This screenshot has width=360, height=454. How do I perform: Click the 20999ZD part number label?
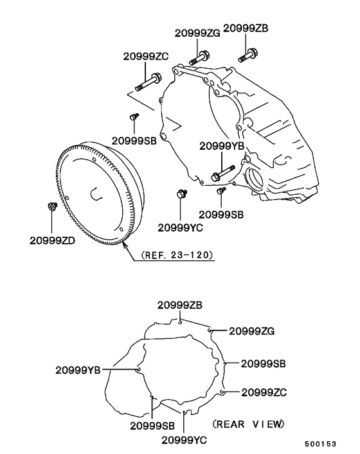[x=53, y=241]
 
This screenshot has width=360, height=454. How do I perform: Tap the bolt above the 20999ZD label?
[x=52, y=207]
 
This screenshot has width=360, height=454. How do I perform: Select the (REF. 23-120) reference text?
[x=173, y=255]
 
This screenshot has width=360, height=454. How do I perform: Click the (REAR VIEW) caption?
[x=248, y=424]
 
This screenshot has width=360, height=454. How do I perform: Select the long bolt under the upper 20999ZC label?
[x=148, y=83]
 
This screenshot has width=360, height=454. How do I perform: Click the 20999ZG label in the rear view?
[x=252, y=331]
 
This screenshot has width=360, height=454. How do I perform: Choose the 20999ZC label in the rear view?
[x=264, y=392]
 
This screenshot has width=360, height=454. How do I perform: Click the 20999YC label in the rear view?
[x=184, y=440]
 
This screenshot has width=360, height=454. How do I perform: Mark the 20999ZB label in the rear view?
[x=181, y=304]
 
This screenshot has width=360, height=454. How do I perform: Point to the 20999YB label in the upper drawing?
[x=222, y=146]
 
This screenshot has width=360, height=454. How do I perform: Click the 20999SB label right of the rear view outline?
[x=264, y=363]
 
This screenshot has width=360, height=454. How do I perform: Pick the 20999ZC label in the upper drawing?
[x=147, y=56]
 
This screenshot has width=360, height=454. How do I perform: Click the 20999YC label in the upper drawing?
[x=181, y=227]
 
